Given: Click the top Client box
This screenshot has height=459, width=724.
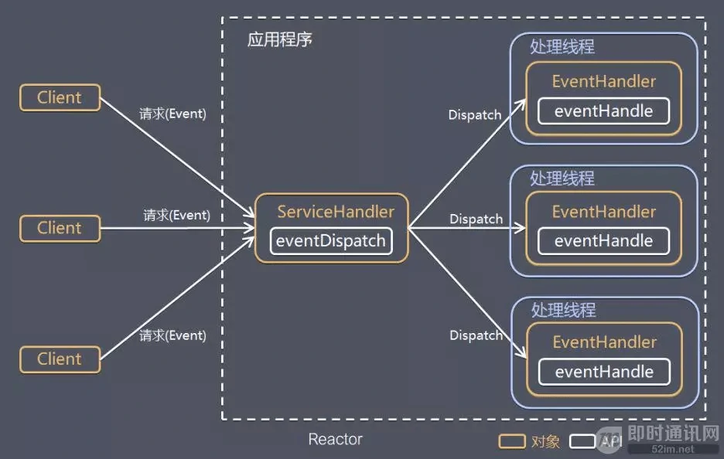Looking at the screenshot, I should [60, 98].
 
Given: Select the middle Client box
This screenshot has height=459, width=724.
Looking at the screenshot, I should [60, 229].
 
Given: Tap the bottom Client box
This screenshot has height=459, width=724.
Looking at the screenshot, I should [60, 359].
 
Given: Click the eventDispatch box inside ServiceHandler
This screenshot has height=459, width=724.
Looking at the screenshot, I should [331, 240].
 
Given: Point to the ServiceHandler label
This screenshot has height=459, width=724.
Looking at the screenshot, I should [336, 212].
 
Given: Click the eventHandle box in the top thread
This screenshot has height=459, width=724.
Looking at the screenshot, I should [603, 110].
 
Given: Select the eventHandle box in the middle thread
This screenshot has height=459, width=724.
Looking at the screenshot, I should [603, 241].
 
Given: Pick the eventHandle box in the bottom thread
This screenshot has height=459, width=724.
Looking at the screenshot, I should [604, 372].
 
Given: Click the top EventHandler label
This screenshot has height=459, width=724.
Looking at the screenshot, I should [603, 81].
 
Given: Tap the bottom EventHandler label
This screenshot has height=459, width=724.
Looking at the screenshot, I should [604, 342].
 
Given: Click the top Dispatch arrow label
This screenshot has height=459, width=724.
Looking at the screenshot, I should [475, 115].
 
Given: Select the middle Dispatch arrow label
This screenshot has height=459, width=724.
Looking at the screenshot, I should [476, 219].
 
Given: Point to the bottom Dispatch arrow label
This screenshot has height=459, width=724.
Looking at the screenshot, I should [476, 335].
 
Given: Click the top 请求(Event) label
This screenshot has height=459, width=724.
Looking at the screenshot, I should [172, 114].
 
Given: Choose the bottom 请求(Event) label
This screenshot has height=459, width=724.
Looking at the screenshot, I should [172, 335].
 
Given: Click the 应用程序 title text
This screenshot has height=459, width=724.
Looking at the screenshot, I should [279, 39].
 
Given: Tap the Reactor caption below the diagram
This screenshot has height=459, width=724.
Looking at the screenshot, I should [335, 440].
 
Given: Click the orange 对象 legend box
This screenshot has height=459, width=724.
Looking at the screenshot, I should [511, 441].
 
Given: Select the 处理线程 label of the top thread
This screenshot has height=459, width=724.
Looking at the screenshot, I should [562, 46].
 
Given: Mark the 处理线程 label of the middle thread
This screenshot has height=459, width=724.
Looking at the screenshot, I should [562, 178].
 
